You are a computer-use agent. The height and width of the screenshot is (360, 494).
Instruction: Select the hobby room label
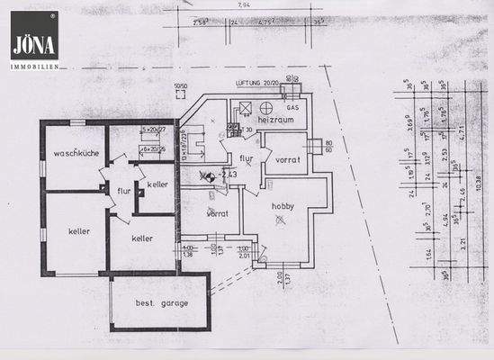(284, 205)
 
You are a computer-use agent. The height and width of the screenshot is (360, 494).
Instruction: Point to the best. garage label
(162, 303)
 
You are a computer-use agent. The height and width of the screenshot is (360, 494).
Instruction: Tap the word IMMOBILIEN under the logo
(35, 66)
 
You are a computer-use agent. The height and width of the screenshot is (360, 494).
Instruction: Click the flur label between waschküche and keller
(123, 190)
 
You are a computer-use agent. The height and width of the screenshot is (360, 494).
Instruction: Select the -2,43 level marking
(227, 174)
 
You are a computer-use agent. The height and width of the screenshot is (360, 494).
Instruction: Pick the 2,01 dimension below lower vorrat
(243, 255)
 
